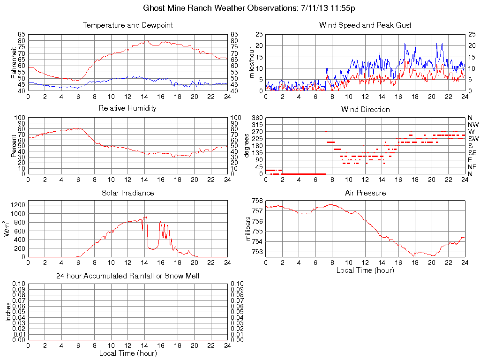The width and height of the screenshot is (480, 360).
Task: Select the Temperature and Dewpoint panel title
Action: (x=127, y=25)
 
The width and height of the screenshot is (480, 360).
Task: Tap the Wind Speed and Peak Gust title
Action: (x=365, y=25)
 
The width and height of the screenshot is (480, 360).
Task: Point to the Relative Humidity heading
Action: (x=127, y=108)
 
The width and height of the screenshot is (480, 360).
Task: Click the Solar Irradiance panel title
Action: (x=127, y=193)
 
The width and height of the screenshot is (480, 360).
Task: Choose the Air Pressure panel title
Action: (x=365, y=193)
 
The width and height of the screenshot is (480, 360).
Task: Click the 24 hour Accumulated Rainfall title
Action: (x=127, y=276)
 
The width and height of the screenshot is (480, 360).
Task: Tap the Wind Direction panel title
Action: (x=365, y=109)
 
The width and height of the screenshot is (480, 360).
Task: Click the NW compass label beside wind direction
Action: (x=472, y=125)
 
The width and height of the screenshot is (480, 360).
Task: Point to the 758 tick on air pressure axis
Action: (x=257, y=201)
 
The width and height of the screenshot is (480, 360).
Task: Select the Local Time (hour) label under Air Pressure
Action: (x=365, y=270)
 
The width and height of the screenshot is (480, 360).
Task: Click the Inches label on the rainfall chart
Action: (x=8, y=311)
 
